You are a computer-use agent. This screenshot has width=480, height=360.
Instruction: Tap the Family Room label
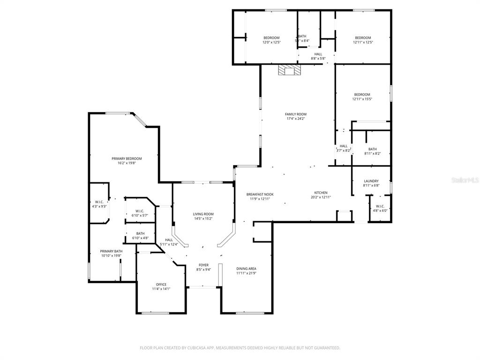pos(296,114)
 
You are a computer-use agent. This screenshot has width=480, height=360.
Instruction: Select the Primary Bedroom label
pos(127,158)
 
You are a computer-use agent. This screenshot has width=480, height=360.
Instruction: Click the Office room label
pos(161,285)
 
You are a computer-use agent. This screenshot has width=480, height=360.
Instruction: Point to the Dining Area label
pos(246,269)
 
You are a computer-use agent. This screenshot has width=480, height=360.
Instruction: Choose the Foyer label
pos(203,265)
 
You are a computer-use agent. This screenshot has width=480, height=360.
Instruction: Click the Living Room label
pos(203,214)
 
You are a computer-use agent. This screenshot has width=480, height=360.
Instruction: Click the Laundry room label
pos(371,181)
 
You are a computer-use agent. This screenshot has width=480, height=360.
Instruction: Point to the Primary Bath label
pos(111,251)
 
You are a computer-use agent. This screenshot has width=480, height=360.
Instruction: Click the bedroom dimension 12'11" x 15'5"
pos(362,99)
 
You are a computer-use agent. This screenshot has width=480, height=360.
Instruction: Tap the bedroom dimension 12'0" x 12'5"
pos(271,42)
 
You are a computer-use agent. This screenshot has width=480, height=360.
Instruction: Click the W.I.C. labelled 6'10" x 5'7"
pos(139,213)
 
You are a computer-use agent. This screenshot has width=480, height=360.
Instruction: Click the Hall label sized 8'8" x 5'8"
pos(318,56)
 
